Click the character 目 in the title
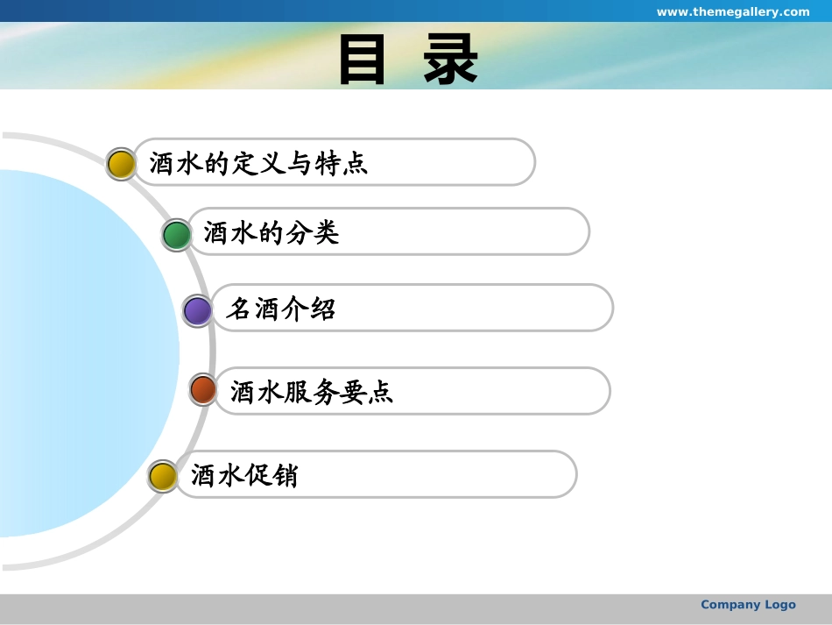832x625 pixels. click(362, 59)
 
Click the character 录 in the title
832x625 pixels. click(450, 59)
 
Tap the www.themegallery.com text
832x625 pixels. click(733, 11)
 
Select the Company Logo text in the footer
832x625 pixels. click(748, 604)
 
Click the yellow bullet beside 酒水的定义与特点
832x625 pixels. click(121, 164)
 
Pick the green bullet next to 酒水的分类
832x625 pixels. click(177, 235)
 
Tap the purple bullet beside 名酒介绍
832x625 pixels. click(197, 310)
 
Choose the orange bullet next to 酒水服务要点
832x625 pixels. click(203, 390)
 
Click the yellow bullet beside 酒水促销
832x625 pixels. click(162, 476)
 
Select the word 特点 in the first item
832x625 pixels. click(342, 163)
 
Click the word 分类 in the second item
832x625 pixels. click(313, 232)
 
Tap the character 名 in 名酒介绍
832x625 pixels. click(239, 309)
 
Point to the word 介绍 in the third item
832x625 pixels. click(309, 309)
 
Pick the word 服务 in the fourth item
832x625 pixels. click(312, 392)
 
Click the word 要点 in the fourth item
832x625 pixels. click(366, 392)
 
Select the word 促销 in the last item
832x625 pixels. click(271, 475)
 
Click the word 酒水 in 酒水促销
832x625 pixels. click(217, 475)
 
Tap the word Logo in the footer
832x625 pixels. click(780, 605)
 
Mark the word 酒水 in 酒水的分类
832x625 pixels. click(231, 232)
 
